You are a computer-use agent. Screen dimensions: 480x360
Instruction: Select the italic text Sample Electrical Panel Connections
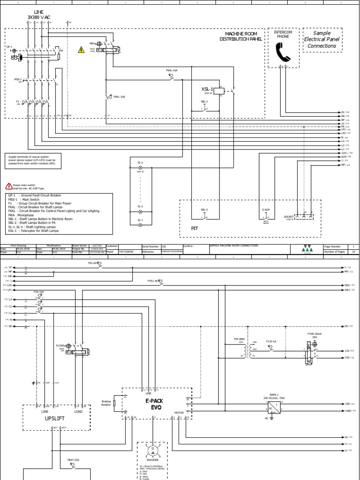pos(322,40)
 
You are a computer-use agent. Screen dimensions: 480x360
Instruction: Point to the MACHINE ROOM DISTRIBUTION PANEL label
pos(240,37)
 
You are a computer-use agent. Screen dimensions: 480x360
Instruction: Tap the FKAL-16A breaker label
pos(172,70)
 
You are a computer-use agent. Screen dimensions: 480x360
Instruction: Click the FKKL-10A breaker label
pos(120,97)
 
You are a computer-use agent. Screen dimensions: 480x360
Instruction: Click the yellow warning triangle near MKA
pos(81,50)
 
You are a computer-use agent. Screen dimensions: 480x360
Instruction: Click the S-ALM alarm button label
pos(265,210)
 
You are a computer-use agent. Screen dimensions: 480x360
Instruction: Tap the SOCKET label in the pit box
pos(289,217)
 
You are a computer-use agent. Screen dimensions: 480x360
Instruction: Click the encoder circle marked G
pos(152,450)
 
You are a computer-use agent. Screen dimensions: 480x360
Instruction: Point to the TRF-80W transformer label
pos(239,338)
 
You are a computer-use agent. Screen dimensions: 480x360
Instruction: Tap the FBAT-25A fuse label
pos(73,460)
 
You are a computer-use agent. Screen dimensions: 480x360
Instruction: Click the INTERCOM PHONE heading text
pos(283,34)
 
